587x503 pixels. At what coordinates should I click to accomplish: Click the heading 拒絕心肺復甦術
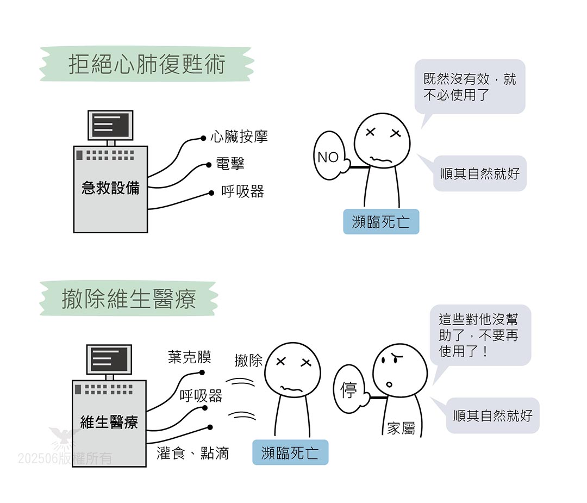coord(147,65)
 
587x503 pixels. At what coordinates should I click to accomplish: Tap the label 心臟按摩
coord(239,136)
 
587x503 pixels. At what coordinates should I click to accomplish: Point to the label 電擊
coord(230,163)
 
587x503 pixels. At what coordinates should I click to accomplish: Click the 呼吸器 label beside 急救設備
coord(242,191)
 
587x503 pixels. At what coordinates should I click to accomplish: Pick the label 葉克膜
coord(190,357)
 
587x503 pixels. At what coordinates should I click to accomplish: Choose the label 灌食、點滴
coord(193,453)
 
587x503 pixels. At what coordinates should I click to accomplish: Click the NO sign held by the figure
coord(328,157)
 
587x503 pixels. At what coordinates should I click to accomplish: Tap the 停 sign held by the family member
coord(348,390)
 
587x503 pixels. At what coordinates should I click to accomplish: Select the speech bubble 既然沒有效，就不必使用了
coord(470,87)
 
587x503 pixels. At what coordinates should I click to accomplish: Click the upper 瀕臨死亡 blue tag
coord(381,222)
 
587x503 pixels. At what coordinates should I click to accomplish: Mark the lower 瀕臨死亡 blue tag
coord(290,452)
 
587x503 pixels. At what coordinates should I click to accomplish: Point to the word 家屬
coord(401,429)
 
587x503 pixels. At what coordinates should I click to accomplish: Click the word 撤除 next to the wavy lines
coord(248,360)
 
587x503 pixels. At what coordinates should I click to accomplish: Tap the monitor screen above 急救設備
coord(110,125)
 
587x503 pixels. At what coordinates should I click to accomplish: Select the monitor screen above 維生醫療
coord(109,359)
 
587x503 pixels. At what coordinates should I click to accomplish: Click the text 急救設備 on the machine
coord(110,188)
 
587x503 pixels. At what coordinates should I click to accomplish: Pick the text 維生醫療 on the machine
coord(109,423)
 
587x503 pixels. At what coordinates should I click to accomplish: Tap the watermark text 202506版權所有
coord(65,458)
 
